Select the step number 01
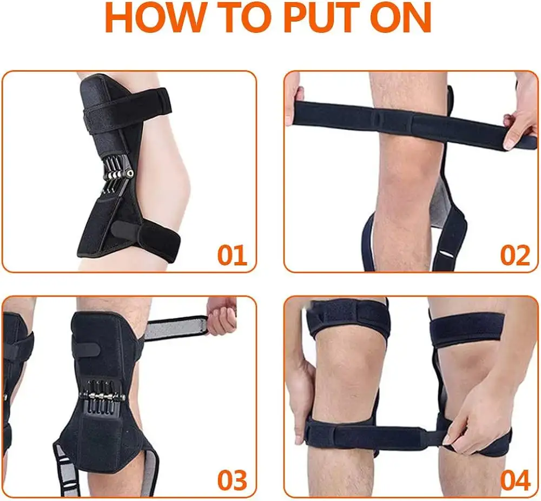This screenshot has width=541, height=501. (x=232, y=255)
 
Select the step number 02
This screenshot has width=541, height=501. (x=515, y=255)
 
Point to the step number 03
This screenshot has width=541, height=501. (x=232, y=480)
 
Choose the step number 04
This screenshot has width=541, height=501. (x=515, y=480)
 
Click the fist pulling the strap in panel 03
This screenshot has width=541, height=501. (x=221, y=316)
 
